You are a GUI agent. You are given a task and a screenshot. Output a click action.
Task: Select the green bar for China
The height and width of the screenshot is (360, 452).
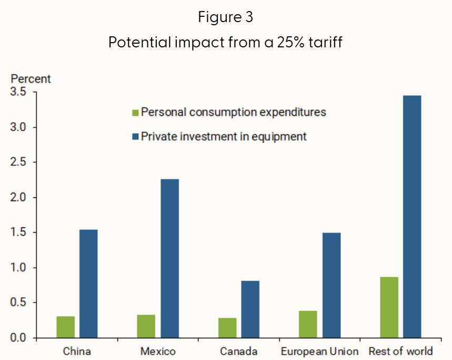coord(66,327)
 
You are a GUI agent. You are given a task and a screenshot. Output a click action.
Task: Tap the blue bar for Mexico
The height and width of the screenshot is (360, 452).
coord(169,258)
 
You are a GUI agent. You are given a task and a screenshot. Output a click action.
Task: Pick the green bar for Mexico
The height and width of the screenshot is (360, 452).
coord(146,326)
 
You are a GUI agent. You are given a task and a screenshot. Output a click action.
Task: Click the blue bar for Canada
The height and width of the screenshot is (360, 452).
coord(250,309)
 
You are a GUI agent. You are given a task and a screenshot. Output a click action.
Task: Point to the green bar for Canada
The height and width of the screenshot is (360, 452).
coord(227,327)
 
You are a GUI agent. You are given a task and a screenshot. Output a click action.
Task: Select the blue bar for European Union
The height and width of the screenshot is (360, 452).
coord(332,285)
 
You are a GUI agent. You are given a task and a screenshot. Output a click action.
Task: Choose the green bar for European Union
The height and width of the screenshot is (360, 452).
coord(308,324)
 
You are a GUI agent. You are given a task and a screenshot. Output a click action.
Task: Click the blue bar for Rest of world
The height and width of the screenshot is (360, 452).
coord(412,216)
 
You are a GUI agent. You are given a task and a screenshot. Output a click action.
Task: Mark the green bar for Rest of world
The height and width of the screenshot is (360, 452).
coord(389,307)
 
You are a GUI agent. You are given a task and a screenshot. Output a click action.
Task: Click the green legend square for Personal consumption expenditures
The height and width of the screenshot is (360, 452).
coord(135,113)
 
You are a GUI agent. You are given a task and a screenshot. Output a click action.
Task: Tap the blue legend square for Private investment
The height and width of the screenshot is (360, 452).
coord(135,137)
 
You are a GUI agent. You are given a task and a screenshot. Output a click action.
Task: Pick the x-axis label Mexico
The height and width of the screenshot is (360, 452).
coord(158,351)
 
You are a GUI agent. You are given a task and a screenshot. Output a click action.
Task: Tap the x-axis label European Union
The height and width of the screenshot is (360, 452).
coord(319,351)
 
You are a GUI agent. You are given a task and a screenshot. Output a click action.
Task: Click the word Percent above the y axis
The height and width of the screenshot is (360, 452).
coord(31,79)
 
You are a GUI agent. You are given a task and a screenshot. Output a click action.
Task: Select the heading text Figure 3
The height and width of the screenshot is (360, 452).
coord(226,17)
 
